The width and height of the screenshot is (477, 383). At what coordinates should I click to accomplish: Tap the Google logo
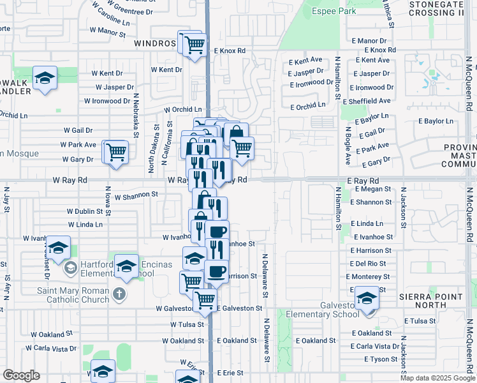point(21,375)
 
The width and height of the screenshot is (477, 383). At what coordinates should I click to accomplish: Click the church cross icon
point(118,294)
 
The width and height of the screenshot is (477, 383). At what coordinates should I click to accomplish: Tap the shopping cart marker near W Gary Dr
point(116,153)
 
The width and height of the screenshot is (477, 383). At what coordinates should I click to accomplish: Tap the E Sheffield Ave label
point(367,101)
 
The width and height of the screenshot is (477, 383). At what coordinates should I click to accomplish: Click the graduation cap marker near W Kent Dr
point(45,78)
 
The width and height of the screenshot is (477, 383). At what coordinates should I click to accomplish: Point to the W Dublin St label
point(88,211)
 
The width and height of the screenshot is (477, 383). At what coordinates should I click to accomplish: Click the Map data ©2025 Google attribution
point(437,378)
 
